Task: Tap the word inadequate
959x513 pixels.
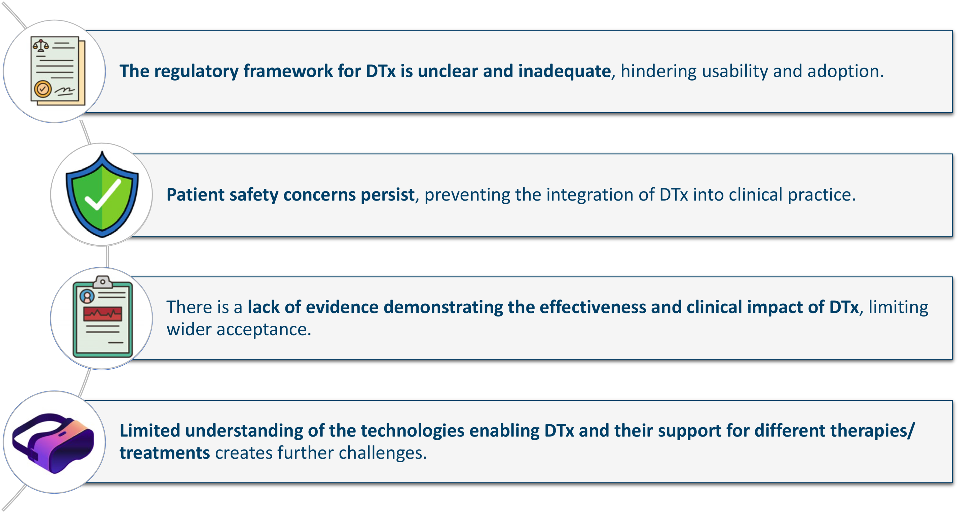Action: [x=565, y=71]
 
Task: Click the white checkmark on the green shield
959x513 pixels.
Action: [x=103, y=195]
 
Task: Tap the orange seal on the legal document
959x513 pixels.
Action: [x=43, y=89]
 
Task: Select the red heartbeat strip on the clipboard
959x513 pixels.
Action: [x=103, y=314]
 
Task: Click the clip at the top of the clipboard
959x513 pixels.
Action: [x=103, y=282]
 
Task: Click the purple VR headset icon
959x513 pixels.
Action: [x=53, y=443]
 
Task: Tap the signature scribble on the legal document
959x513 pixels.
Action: [x=65, y=90]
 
